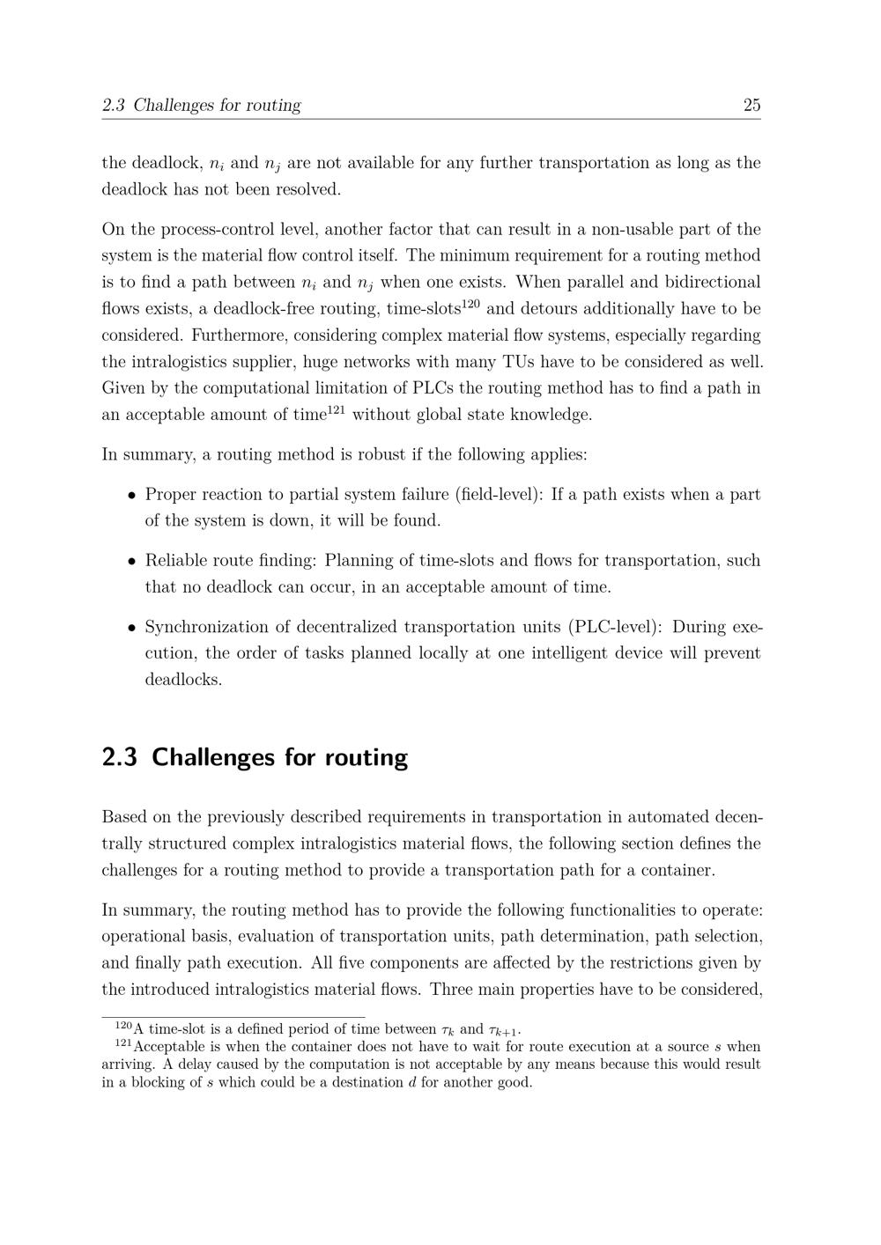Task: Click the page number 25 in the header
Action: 751,106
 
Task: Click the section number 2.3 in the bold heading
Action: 119,758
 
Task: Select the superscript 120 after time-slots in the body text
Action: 470,304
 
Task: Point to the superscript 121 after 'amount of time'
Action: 336,409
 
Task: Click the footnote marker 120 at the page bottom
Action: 123,1026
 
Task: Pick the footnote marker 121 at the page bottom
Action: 123,1043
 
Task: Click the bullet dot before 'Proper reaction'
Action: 130,495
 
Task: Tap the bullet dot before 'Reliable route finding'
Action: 130,561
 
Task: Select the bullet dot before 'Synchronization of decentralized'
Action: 130,628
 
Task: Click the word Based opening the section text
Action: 124,817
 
